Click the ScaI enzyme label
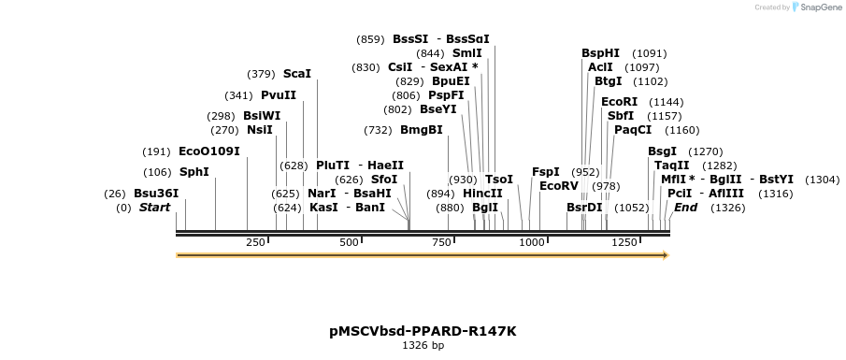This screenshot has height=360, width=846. [296, 74]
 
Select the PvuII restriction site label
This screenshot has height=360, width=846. [279, 95]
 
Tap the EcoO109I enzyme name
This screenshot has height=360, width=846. [208, 151]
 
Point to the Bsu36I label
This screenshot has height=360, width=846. [156, 194]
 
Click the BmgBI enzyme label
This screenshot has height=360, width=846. [421, 130]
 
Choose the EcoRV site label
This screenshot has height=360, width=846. [559, 185]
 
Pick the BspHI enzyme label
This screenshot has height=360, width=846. [600, 53]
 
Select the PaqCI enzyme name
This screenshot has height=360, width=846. [633, 130]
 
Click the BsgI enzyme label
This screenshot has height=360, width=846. [662, 151]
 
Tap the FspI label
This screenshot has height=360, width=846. [545, 172]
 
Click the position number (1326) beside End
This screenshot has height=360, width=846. [727, 208]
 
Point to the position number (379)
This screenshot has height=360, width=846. [261, 74]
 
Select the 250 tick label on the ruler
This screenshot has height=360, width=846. [255, 242]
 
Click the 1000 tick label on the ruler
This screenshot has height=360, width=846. [532, 242]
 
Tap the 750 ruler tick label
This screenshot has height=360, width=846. [440, 242]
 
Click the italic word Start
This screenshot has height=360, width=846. [155, 208]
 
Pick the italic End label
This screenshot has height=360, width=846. [685, 208]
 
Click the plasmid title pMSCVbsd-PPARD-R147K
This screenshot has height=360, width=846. [423, 331]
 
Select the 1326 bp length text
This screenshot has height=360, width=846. [423, 346]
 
